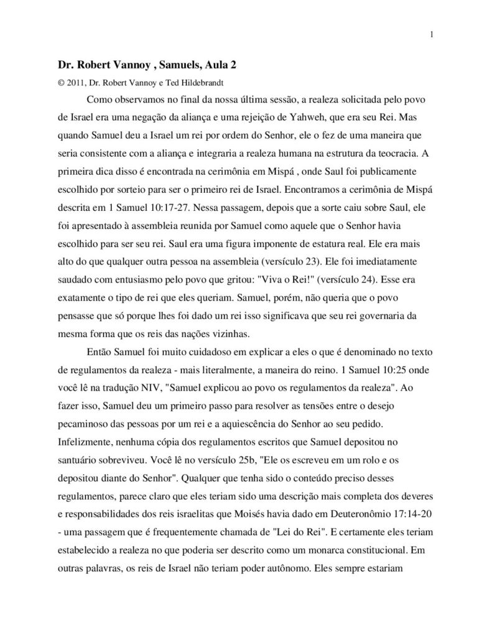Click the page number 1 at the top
tap(431, 34)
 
